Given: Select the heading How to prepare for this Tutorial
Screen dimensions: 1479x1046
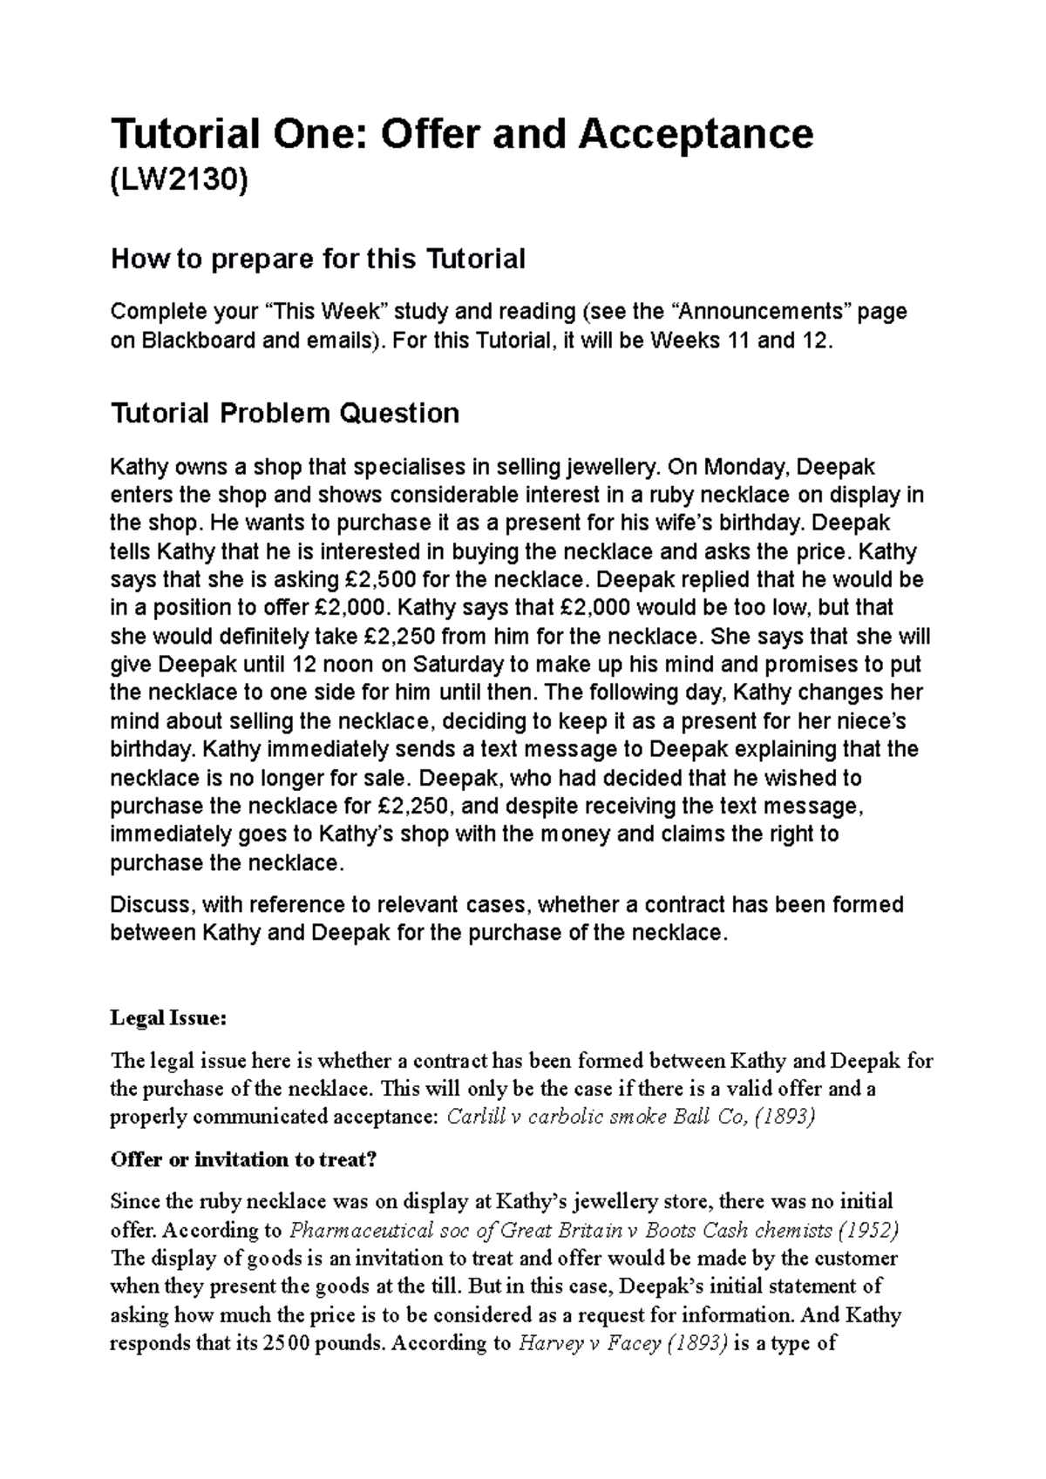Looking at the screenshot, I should coord(317,259).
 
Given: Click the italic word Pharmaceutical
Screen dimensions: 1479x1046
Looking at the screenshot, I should coord(360,1230).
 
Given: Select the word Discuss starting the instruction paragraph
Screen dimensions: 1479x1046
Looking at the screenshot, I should coord(148,904).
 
